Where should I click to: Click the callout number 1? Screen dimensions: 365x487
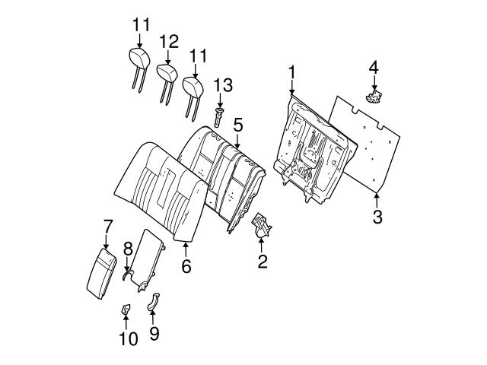click(x=291, y=72)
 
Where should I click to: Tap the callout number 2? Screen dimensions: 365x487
click(x=263, y=263)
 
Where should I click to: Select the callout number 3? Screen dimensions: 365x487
click(x=377, y=217)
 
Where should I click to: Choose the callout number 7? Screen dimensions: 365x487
click(x=107, y=226)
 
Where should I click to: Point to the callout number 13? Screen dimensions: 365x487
click(x=221, y=84)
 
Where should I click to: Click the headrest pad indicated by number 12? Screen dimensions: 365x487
click(x=167, y=72)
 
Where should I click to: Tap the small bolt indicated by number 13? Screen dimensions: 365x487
click(x=219, y=116)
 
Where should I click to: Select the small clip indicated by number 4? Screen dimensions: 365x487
click(x=374, y=95)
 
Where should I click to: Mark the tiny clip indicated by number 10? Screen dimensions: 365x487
click(x=126, y=310)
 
